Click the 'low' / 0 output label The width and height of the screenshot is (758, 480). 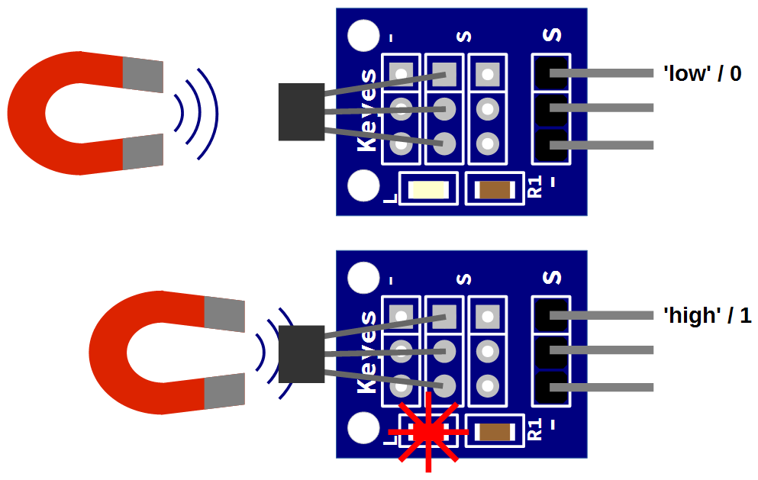point(702,74)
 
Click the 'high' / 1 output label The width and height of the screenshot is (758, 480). point(707,315)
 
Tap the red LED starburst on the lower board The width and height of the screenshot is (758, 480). point(428,432)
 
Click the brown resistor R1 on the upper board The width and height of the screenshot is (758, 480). point(495,189)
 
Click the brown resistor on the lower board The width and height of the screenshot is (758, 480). point(495,432)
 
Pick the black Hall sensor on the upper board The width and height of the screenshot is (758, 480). point(302,112)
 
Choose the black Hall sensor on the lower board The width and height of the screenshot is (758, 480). point(302,354)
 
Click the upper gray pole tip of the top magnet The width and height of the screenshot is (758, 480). point(143,75)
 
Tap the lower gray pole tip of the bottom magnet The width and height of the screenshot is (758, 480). point(224,391)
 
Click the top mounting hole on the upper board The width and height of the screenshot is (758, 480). point(363,36)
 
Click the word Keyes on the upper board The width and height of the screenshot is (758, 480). point(368,110)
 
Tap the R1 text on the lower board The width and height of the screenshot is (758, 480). point(535,430)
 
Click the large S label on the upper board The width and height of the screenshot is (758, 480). point(552,35)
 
